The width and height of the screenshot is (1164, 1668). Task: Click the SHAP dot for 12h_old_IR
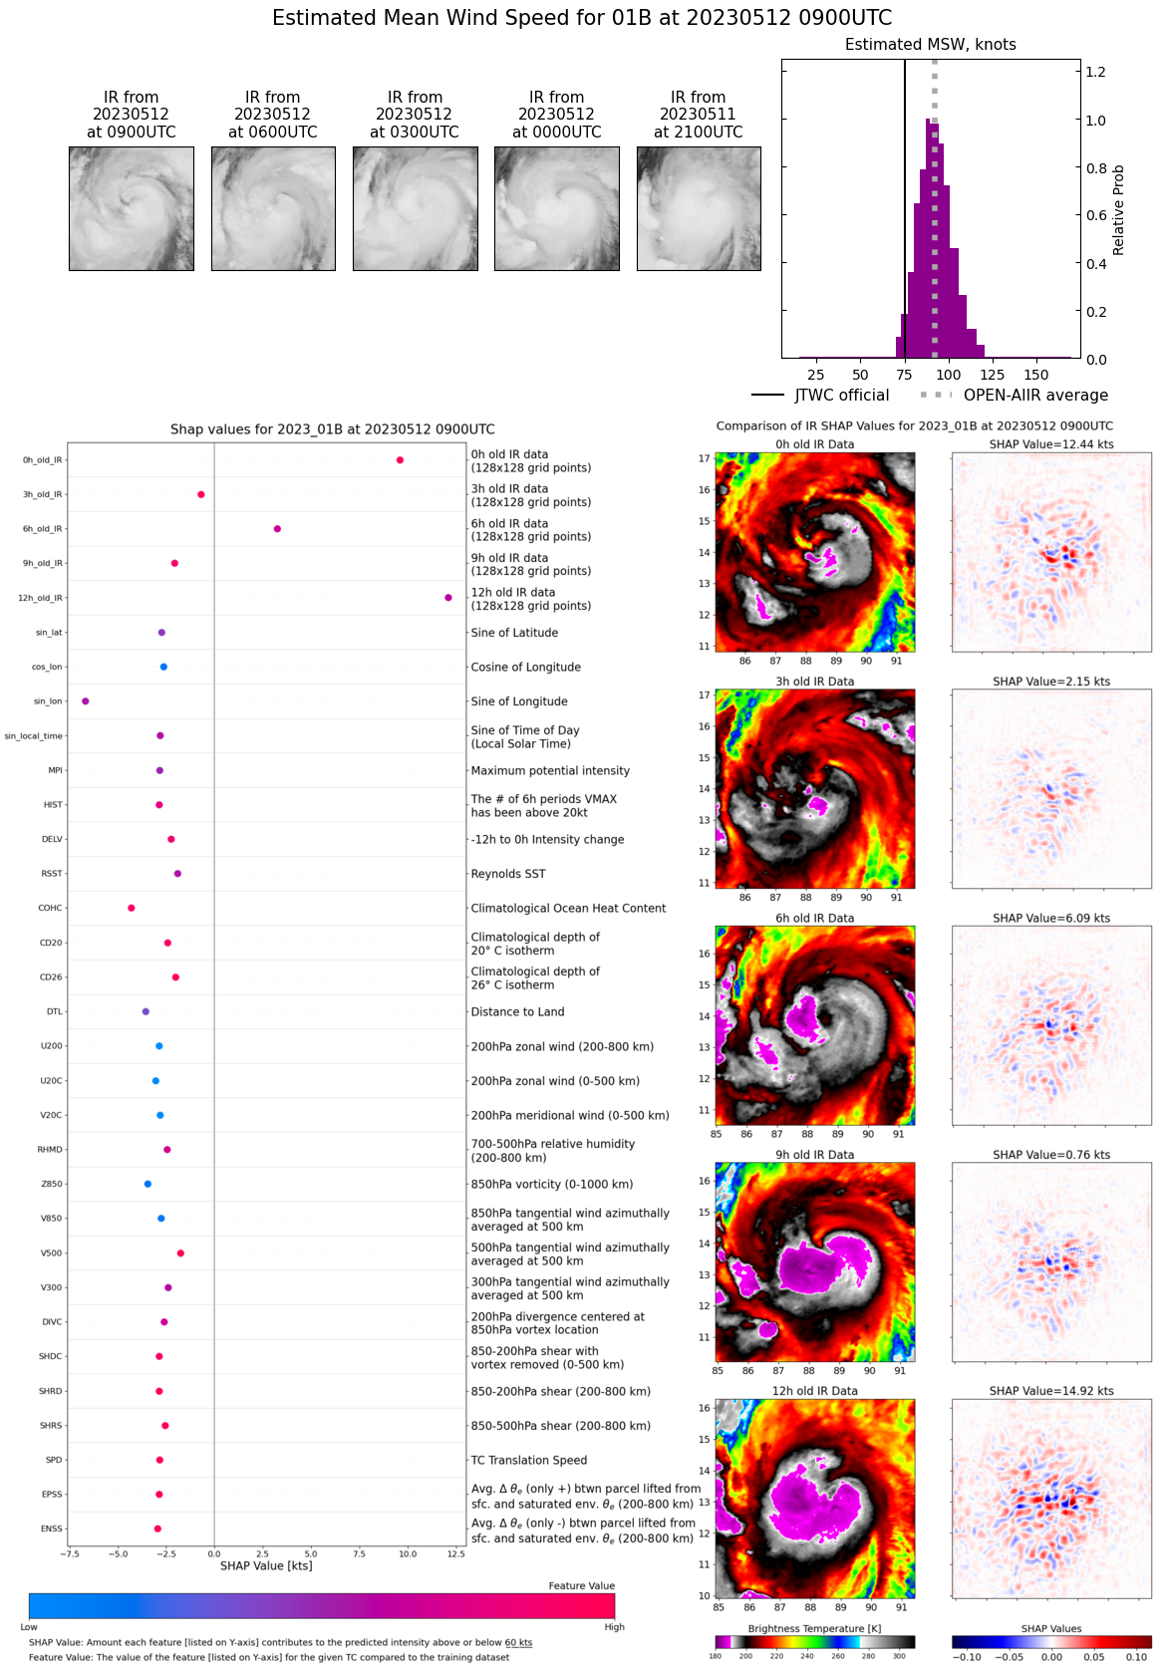pyautogui.click(x=448, y=598)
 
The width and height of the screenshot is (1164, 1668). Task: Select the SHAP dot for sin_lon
pyautogui.click(x=86, y=701)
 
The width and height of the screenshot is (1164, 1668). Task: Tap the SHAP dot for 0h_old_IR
pyautogui.click(x=400, y=460)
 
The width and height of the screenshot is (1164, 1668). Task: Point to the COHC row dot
pyautogui.click(x=132, y=908)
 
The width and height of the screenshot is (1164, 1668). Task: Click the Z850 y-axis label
pyautogui.click(x=51, y=1184)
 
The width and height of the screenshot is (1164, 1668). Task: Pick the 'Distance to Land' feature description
pyautogui.click(x=517, y=1011)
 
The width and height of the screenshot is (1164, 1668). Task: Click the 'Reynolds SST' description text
pyautogui.click(x=508, y=874)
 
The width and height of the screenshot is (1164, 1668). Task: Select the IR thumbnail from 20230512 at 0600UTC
pyautogui.click(x=273, y=208)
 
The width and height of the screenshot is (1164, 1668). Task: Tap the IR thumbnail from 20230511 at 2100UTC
pyautogui.click(x=699, y=208)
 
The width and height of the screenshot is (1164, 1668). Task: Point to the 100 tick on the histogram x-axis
pyautogui.click(x=949, y=375)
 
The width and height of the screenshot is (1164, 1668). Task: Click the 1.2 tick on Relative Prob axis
pyautogui.click(x=1095, y=72)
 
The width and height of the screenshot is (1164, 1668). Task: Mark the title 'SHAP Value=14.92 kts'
pyautogui.click(x=1051, y=1391)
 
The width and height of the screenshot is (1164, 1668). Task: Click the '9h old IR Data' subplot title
pyautogui.click(x=814, y=1155)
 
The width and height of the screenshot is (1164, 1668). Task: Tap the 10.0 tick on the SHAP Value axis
pyautogui.click(x=408, y=1553)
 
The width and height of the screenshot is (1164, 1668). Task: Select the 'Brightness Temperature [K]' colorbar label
pyautogui.click(x=814, y=1628)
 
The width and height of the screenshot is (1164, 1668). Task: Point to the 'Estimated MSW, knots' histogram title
pyautogui.click(x=930, y=45)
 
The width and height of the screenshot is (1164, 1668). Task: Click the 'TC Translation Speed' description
pyautogui.click(x=528, y=1460)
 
